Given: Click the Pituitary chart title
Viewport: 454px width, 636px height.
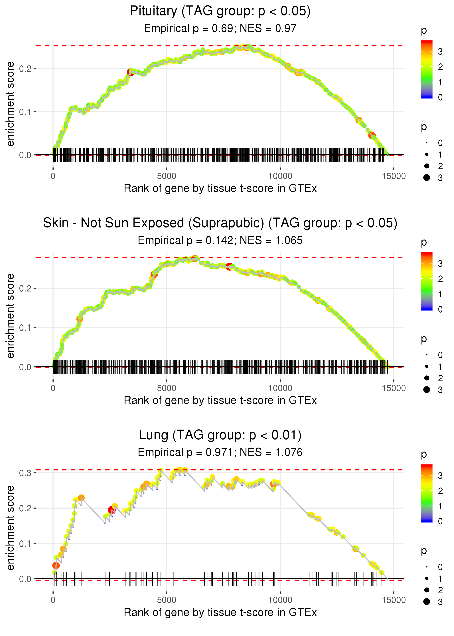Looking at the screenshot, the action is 220,11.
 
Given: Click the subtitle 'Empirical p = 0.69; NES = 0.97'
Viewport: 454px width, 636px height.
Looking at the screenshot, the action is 220,28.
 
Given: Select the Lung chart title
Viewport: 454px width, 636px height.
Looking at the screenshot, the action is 220,435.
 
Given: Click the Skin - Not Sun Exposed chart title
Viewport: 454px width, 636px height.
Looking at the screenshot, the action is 220,223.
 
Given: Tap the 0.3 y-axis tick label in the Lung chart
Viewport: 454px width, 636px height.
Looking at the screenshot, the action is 25,473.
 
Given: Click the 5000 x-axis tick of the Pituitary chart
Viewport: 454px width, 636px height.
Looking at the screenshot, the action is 167,176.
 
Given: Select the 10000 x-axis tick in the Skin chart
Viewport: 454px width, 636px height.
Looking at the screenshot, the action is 280,388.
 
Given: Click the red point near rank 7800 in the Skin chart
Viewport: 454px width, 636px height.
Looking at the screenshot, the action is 229,267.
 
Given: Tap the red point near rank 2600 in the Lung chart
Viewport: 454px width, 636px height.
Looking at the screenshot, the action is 112,510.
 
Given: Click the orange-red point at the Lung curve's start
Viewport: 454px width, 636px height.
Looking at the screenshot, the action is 56,565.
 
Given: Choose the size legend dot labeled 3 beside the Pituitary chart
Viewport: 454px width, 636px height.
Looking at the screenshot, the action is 427,178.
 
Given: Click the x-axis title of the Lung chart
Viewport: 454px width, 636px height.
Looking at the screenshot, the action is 220,613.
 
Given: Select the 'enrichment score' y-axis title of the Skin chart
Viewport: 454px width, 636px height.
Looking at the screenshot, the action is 10,316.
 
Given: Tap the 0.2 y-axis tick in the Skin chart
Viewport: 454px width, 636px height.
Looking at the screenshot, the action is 25,288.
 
